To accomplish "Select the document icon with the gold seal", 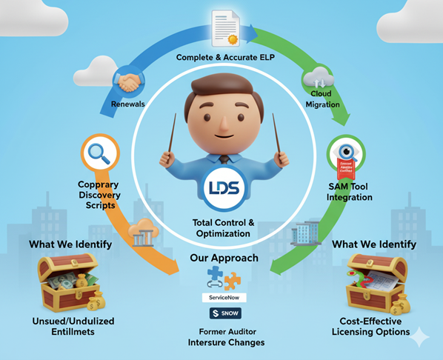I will coord(228,27).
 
